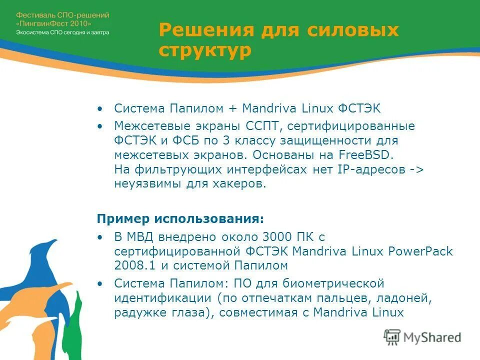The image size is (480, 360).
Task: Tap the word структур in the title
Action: (205, 51)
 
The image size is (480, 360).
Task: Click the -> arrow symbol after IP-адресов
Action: (416, 169)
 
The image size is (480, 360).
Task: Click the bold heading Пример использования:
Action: (180, 219)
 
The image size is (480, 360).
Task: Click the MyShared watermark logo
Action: (422, 337)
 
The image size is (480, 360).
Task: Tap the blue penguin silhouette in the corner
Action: (47, 280)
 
